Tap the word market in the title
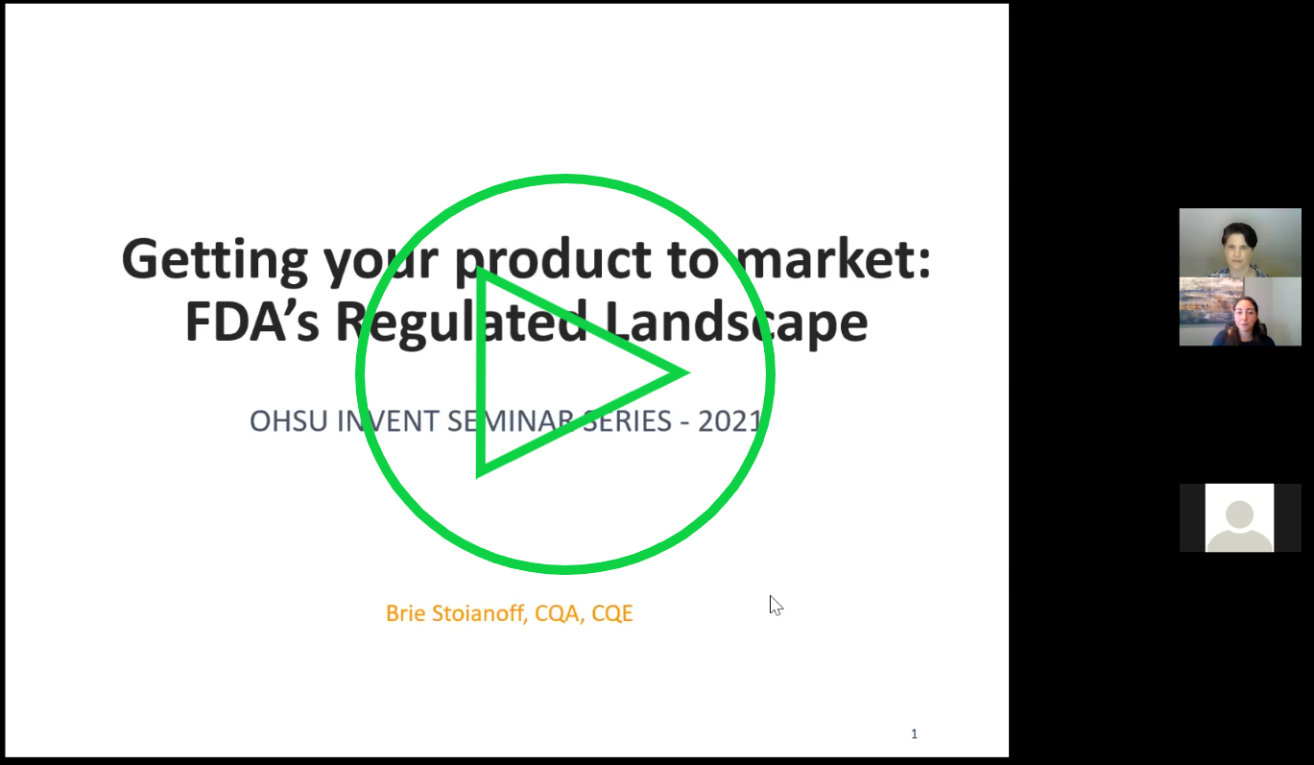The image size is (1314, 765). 833,258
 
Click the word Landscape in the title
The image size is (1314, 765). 736,323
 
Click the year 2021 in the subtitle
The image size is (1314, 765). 729,421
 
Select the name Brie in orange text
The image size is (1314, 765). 405,613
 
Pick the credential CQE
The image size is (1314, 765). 611,613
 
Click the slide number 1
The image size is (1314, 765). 914,734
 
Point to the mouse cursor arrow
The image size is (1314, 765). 776,606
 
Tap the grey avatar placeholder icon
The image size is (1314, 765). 1239,518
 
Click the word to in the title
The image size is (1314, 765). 693,259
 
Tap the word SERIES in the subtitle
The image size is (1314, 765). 627,421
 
